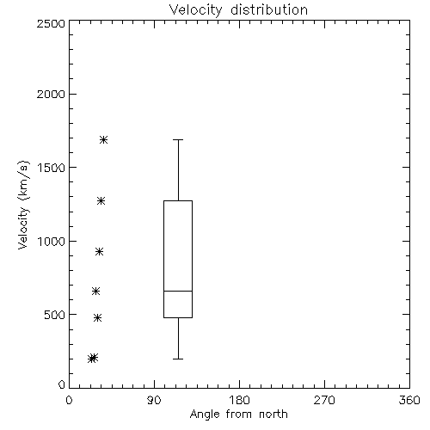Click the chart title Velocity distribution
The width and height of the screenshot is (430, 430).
238,10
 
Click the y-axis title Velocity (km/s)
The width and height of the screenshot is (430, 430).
23,205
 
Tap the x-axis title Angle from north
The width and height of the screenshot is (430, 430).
238,415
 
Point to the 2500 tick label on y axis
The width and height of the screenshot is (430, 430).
51,23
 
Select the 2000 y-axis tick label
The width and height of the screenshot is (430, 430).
51,94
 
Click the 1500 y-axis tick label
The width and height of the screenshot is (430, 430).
52,168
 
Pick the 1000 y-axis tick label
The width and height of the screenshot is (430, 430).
52,242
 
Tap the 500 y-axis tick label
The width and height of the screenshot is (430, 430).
55,315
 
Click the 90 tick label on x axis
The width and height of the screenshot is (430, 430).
154,400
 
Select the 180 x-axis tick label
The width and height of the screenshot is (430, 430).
239,400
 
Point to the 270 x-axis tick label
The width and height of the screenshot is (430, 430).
324,400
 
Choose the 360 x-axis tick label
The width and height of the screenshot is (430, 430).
409,400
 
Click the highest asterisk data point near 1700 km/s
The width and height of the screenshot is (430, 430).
103,140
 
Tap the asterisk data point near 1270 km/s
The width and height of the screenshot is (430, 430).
101,201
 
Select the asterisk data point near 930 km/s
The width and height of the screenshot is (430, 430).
99,252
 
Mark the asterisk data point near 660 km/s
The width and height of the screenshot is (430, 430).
95,292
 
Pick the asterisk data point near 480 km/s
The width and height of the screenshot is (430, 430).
98,317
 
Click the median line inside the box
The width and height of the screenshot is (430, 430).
178,291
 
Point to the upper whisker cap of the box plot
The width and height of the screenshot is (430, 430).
178,139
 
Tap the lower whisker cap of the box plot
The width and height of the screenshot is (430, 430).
178,359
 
